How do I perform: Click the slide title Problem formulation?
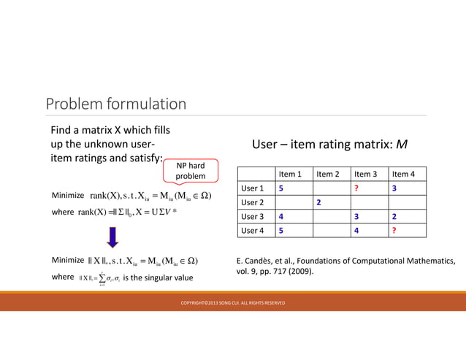[x=116, y=104]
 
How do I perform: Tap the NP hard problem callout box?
[x=191, y=171]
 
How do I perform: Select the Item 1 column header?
[x=290, y=174]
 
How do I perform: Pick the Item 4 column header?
[x=403, y=174]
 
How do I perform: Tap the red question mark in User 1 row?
[x=356, y=188]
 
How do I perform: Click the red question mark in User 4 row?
[x=394, y=231]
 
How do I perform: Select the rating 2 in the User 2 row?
[x=318, y=202]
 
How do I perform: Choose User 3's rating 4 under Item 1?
[x=280, y=217]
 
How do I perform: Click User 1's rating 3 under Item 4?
[x=394, y=188]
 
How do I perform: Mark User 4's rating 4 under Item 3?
[x=356, y=231]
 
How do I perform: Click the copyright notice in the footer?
[x=233, y=303]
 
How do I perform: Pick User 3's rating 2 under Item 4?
[x=394, y=217]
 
